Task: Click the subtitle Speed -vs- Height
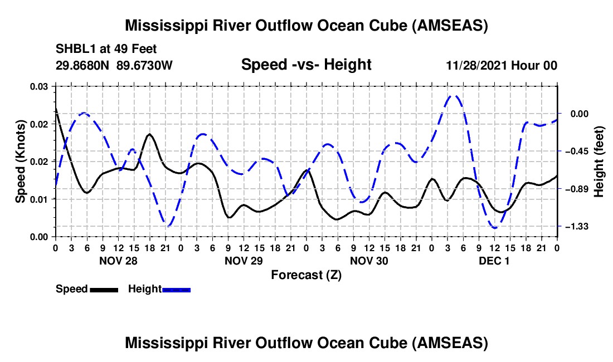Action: pos(306,65)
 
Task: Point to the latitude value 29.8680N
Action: pos(83,65)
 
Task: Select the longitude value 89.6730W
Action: pos(144,65)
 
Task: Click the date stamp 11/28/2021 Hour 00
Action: pos(502,65)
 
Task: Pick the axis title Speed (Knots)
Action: pos(21,161)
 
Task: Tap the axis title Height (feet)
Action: pos(599,161)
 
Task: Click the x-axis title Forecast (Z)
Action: pos(306,275)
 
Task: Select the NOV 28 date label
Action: pos(118,261)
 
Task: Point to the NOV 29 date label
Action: pos(243,261)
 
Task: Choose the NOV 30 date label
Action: pos(369,261)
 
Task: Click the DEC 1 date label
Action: pos(494,261)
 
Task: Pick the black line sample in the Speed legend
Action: pos(104,289)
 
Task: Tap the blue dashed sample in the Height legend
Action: pos(176,289)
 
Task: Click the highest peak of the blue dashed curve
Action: pos(455,95)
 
